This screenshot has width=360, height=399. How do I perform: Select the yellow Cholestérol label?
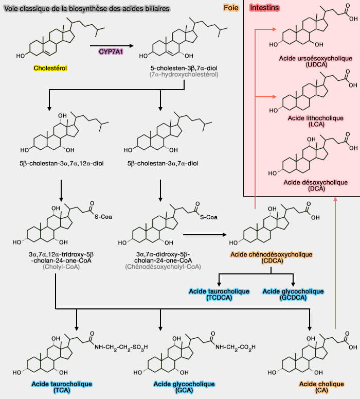pos(50,67)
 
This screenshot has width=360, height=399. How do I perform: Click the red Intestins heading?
pos(265,8)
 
